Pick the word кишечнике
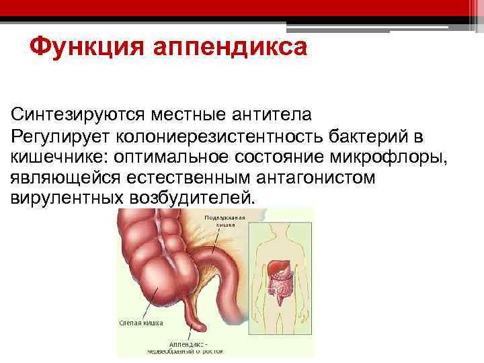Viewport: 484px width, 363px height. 59,158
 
